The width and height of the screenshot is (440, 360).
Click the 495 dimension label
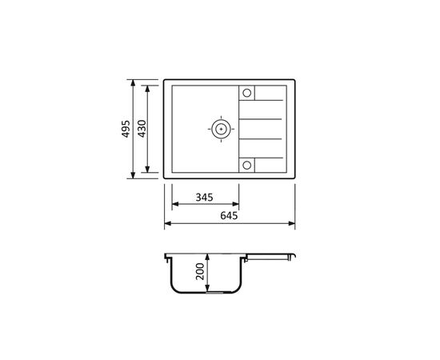point(126,129)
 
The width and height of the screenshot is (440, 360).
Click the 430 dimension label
point(142,129)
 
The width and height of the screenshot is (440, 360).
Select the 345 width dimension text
point(204,198)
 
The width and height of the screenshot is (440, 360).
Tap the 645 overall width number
point(229,215)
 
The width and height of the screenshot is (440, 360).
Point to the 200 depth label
point(200,271)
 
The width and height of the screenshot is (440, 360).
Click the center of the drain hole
point(221,129)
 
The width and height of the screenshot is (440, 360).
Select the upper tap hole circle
point(247,93)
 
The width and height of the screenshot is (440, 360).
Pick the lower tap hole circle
point(247,166)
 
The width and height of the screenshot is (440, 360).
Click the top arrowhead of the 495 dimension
point(133,82)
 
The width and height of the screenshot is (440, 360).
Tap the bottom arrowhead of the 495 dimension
point(133,175)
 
